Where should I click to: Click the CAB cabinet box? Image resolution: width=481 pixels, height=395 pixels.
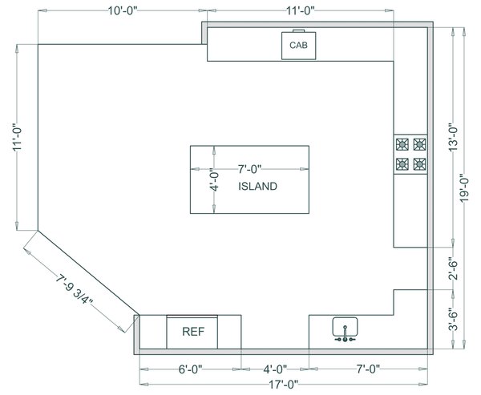[x=298, y=46]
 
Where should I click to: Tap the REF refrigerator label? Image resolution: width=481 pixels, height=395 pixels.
[x=192, y=331]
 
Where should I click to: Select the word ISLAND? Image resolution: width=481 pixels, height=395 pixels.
[x=257, y=187]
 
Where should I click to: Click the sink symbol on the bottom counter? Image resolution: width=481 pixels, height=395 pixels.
[x=345, y=329]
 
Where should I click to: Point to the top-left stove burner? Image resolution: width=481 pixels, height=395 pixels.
[x=402, y=145]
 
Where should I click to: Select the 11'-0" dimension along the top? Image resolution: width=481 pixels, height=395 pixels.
[x=299, y=10]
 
